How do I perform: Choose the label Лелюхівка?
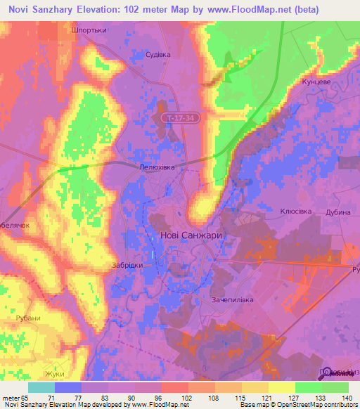(155, 167)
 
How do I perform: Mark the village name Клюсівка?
(296, 211)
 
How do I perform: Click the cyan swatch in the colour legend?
(41, 387)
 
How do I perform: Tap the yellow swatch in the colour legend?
(281, 387)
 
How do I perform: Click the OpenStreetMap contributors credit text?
(320, 405)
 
